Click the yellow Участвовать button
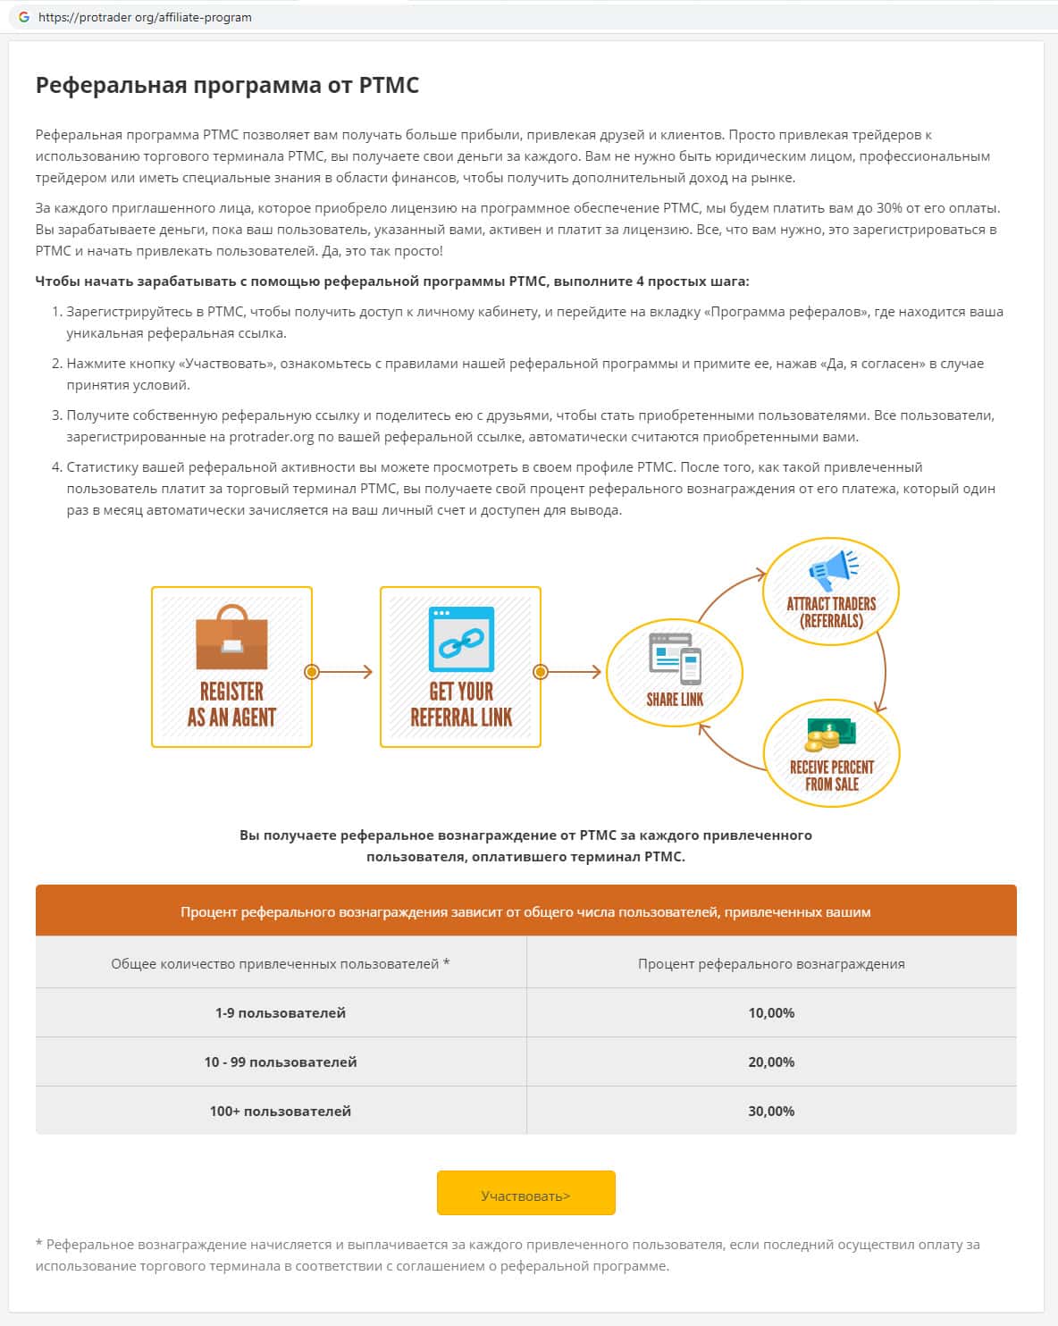(x=525, y=1194)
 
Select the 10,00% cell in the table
(x=771, y=1012)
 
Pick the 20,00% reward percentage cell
(x=771, y=1062)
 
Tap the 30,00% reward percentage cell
(x=771, y=1111)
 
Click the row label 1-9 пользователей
(x=280, y=1012)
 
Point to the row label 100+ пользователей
(x=280, y=1111)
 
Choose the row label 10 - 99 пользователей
(x=280, y=1062)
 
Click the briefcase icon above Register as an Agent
(x=231, y=638)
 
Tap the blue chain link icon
(x=461, y=640)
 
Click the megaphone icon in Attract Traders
(x=832, y=569)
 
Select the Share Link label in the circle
(x=675, y=700)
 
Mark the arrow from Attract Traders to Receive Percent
(x=883, y=670)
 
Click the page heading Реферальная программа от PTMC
(x=227, y=85)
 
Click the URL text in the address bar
(x=145, y=17)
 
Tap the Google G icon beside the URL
(x=24, y=17)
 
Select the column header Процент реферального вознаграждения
(x=771, y=963)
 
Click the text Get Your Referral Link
(x=461, y=704)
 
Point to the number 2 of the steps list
(x=56, y=364)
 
